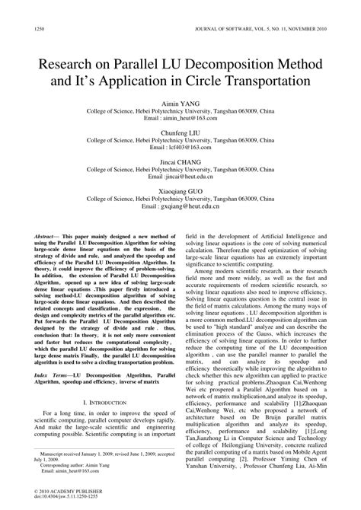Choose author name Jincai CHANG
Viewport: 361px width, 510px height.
click(x=180, y=162)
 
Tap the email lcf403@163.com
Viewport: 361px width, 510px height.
click(x=180, y=148)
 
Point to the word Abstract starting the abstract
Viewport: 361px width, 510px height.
click(x=48, y=238)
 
